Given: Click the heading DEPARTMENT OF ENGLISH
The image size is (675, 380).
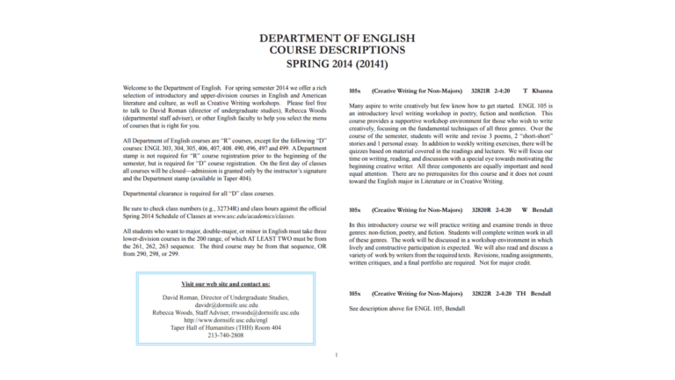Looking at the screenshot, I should pyautogui.click(x=337, y=39).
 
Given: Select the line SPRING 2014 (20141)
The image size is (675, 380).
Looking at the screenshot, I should pyautogui.click(x=337, y=64).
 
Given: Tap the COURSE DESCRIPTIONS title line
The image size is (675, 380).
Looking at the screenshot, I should pyautogui.click(x=337, y=51).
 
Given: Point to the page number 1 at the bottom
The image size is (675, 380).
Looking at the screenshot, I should pyautogui.click(x=337, y=355).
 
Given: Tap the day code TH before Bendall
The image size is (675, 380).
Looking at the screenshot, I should pyautogui.click(x=521, y=293).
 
